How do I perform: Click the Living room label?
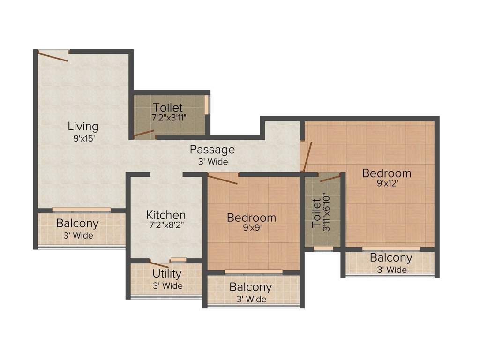click(83, 126)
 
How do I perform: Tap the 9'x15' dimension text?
click(83, 138)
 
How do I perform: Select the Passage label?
click(212, 150)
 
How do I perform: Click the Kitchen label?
click(166, 215)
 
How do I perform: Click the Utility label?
click(167, 273)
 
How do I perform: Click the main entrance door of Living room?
click(53, 56)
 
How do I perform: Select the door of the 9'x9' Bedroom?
click(223, 179)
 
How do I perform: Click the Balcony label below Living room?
click(77, 223)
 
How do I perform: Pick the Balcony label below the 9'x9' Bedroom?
click(250, 287)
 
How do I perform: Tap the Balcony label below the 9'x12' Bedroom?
click(391, 258)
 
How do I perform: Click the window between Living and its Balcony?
click(82, 210)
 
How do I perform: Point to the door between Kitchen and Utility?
click(159, 263)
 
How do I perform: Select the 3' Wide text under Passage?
click(212, 162)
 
